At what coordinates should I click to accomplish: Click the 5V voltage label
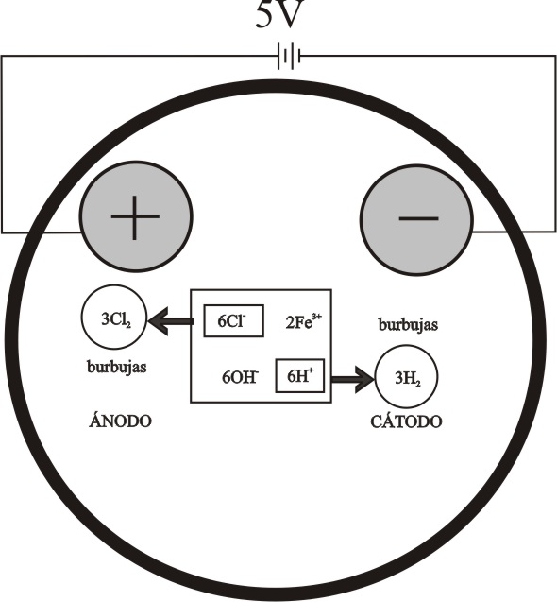[280, 14]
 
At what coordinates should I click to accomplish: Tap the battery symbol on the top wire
[289, 57]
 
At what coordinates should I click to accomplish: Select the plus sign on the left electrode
[135, 217]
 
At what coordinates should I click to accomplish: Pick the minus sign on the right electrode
[418, 219]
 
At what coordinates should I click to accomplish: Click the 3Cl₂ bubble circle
[113, 318]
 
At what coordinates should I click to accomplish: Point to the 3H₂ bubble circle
[406, 377]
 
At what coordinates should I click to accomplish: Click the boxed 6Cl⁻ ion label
[233, 321]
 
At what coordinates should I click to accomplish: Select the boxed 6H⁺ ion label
[300, 375]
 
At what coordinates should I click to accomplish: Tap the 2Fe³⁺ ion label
[303, 321]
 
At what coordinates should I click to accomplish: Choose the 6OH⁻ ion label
[241, 377]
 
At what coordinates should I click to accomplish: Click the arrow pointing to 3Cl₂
[170, 321]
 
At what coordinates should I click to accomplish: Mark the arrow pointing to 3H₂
[352, 380]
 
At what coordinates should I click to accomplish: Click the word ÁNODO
[120, 421]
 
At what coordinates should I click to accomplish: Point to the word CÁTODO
[406, 421]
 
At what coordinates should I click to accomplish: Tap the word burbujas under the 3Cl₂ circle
[117, 367]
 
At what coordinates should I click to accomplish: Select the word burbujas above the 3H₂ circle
[408, 325]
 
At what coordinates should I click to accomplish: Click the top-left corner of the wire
[2, 56]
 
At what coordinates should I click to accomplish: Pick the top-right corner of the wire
[555, 56]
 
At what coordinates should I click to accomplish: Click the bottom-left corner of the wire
[2, 232]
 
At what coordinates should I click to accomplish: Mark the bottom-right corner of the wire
[555, 232]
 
